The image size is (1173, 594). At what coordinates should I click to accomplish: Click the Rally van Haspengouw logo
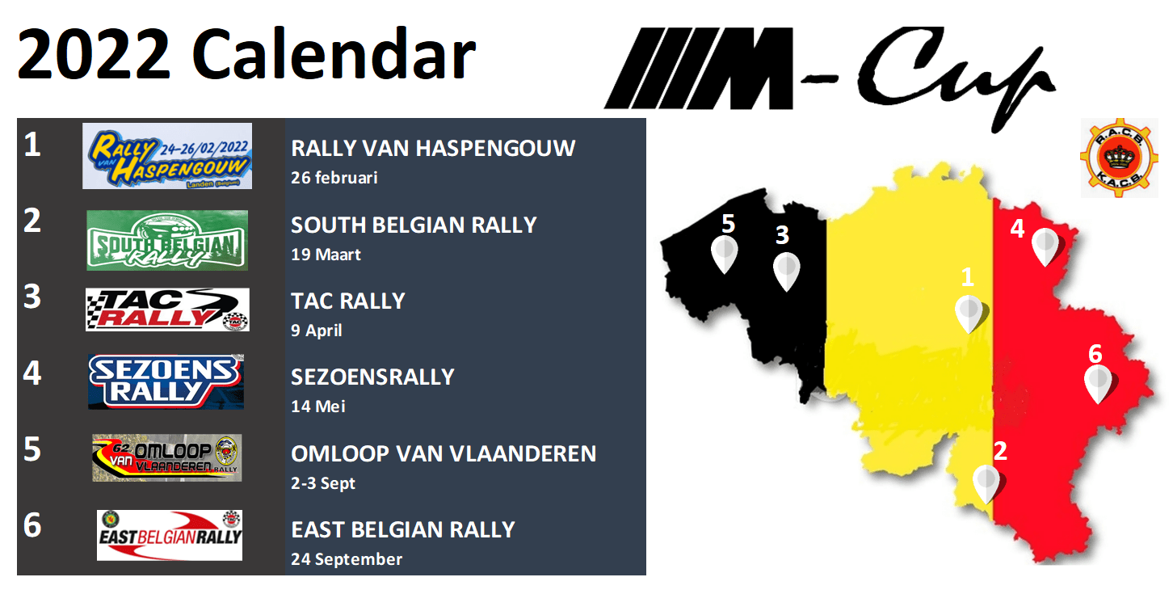click(x=167, y=156)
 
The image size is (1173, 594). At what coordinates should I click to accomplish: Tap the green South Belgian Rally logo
click(x=167, y=240)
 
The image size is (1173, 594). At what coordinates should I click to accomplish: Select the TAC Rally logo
click(x=167, y=310)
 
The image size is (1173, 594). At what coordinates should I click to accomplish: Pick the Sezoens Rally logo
click(x=166, y=381)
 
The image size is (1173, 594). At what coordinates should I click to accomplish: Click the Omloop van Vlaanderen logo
click(x=167, y=457)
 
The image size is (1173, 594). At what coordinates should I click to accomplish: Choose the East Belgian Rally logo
click(x=170, y=534)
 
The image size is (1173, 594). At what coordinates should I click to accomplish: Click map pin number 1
click(x=969, y=313)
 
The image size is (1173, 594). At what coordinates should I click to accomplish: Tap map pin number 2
click(x=986, y=482)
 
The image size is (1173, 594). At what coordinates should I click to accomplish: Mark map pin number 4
click(x=1045, y=245)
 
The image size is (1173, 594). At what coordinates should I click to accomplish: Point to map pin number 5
click(x=725, y=252)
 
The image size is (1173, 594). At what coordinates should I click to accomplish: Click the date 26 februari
click(x=334, y=178)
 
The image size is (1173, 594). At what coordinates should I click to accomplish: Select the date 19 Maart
click(x=326, y=255)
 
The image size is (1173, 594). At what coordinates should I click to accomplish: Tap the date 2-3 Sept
click(x=323, y=483)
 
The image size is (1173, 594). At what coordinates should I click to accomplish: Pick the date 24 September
click(x=347, y=559)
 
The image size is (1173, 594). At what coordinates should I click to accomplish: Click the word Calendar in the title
click(x=333, y=55)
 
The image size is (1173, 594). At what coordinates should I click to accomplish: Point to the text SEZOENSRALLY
click(x=372, y=377)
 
